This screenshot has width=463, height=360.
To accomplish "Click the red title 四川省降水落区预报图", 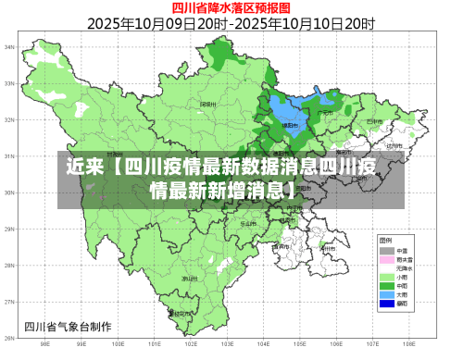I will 231,7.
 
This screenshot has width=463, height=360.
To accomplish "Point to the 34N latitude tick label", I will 9,46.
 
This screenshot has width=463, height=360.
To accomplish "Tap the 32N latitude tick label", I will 9,119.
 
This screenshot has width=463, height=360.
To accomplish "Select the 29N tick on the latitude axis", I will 9,230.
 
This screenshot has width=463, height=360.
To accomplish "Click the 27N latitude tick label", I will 9,303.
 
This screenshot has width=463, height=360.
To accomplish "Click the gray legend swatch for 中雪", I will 386,250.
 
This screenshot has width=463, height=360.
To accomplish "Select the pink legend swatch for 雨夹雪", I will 386,259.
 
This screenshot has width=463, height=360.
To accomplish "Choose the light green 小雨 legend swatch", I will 386,277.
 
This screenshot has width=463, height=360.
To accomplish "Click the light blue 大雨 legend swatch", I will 386,294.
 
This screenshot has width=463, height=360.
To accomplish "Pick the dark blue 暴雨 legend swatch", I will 386,304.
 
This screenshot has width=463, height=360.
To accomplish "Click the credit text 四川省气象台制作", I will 68,326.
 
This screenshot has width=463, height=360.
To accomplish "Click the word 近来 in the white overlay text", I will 84,169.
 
